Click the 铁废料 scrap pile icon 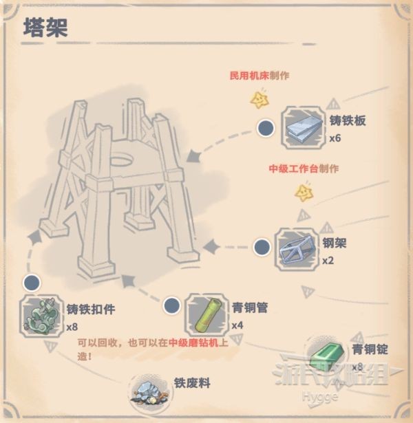click(148, 391)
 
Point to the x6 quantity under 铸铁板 click(335, 138)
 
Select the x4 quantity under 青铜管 click(237, 325)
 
